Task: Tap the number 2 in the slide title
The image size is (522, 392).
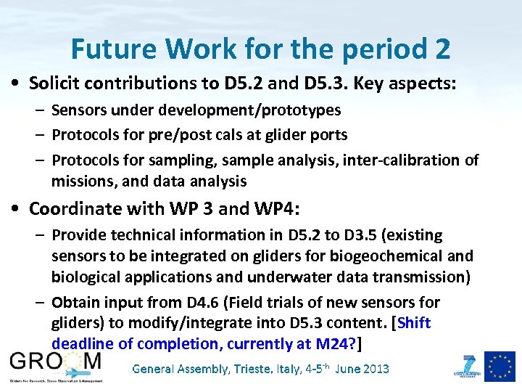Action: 442,49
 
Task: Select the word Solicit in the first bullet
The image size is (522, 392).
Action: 54,83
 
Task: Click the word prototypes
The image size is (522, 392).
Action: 300,110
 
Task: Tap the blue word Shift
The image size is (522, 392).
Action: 414,322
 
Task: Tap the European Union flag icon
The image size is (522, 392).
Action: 500,366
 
